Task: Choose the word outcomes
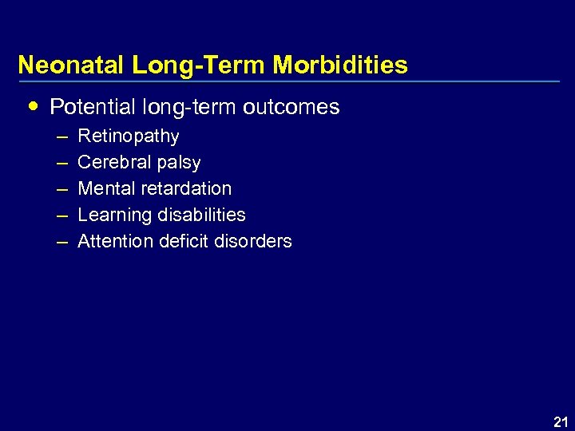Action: pos(295,107)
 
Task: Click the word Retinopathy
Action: pos(128,136)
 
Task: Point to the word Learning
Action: pos(114,215)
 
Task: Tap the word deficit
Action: pos(181,241)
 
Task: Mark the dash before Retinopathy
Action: pos(61,136)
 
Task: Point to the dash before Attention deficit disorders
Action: pos(61,241)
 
